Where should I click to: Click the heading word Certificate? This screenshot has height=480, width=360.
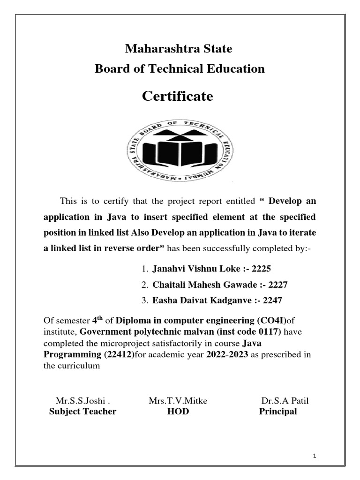coord(177,97)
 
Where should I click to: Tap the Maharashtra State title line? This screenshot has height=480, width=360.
coord(178,49)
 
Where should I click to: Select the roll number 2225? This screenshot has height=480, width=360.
coord(262,269)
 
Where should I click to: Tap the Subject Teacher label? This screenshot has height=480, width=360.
coord(82,412)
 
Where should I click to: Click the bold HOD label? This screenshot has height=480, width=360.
coord(178,412)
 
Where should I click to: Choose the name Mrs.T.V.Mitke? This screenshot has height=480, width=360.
coord(178,401)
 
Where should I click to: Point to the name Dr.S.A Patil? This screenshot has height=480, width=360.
coord(285,401)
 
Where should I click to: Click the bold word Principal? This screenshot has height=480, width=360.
coord(278,412)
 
